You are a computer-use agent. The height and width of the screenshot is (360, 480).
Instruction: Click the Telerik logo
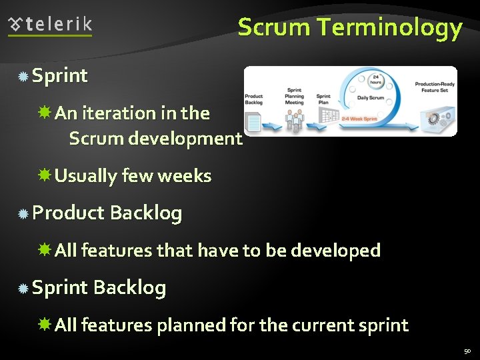click(50, 25)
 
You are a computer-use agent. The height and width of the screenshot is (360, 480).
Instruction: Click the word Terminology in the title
click(389, 28)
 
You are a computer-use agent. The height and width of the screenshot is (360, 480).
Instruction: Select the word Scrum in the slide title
click(274, 28)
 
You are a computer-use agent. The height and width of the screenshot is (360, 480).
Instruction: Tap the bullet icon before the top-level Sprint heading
click(23, 77)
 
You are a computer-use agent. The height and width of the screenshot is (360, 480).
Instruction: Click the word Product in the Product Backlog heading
click(68, 213)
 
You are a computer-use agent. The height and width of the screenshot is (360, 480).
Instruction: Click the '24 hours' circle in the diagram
click(376, 78)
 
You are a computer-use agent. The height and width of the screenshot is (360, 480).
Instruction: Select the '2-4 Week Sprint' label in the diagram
click(360, 119)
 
